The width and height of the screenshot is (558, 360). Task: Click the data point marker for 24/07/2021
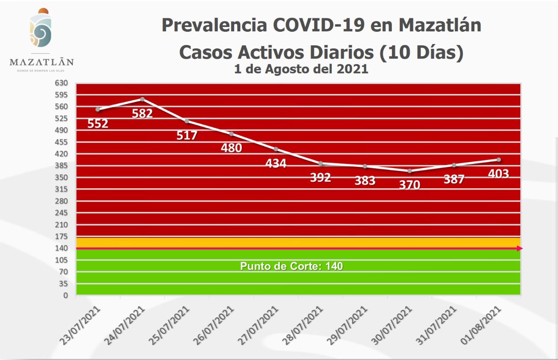[x=142, y=99]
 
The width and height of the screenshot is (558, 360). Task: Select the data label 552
[x=98, y=124]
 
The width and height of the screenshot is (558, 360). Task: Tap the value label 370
[x=409, y=185]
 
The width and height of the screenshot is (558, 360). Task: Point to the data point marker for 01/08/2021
[x=499, y=160]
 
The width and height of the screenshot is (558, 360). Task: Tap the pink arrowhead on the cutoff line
[x=520, y=248]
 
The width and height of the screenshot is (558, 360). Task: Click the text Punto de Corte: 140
[x=291, y=266]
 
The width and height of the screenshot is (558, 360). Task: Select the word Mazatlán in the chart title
[x=440, y=25]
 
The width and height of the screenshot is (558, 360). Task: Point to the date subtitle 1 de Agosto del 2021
[x=301, y=69]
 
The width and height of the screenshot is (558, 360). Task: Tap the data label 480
[x=231, y=148]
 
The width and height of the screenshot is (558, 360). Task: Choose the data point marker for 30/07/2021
[x=409, y=171]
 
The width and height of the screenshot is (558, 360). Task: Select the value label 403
[x=498, y=174]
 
